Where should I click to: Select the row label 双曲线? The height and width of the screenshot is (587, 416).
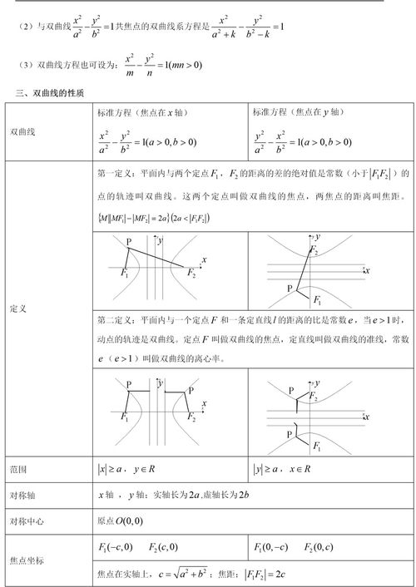[x=23, y=131]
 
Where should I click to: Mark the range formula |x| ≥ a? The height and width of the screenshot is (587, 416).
[x=111, y=470]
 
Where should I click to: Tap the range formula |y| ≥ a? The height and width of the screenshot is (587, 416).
[x=268, y=470]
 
